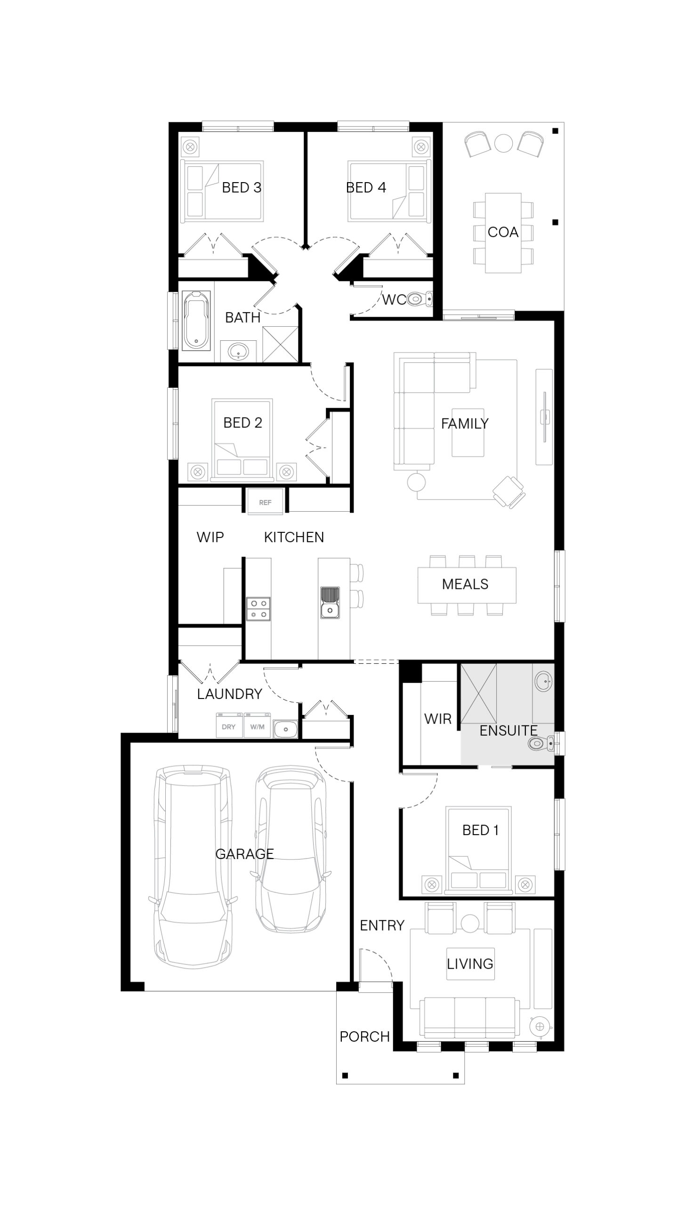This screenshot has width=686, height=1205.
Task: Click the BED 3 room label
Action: (241, 187)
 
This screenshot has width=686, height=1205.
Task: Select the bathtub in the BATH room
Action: (196, 320)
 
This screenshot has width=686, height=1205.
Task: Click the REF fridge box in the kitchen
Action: (265, 502)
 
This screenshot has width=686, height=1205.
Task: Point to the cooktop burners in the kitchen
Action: (258, 609)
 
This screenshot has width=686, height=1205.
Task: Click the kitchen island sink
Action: (330, 602)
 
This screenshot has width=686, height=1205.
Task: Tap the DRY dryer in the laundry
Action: (229, 726)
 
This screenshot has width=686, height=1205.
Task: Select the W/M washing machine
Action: (257, 726)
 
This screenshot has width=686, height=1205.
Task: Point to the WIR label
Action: (438, 719)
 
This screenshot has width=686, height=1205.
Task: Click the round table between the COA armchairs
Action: (504, 143)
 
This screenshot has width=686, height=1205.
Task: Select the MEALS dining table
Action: (467, 585)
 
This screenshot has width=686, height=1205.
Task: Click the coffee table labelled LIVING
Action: (470, 964)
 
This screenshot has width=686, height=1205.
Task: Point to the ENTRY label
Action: (382, 925)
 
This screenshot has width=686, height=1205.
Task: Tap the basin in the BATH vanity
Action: (238, 351)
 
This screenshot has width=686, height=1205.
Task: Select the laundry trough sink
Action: (285, 730)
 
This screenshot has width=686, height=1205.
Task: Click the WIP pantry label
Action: (210, 537)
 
